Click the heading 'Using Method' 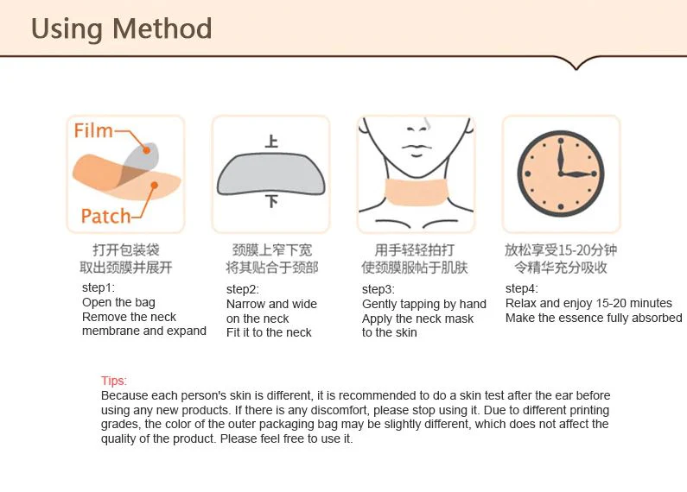pyautogui.click(x=121, y=28)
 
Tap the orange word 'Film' pyautogui.click(x=93, y=131)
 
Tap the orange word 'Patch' pyautogui.click(x=105, y=216)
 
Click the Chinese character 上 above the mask pyautogui.click(x=271, y=141)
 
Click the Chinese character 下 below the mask pyautogui.click(x=271, y=201)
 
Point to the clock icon pyautogui.click(x=560, y=173)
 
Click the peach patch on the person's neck pyautogui.click(x=416, y=191)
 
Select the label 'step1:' pyautogui.click(x=98, y=288)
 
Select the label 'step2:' pyautogui.click(x=242, y=290)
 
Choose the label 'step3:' pyautogui.click(x=378, y=290)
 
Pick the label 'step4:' pyautogui.click(x=521, y=289)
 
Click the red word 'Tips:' pyautogui.click(x=114, y=382)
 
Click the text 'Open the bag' pyautogui.click(x=118, y=303)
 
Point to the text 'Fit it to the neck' pyautogui.click(x=269, y=332)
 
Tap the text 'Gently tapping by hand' pyautogui.click(x=423, y=304)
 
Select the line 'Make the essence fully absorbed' pyautogui.click(x=594, y=318)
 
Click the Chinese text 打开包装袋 pyautogui.click(x=125, y=250)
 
